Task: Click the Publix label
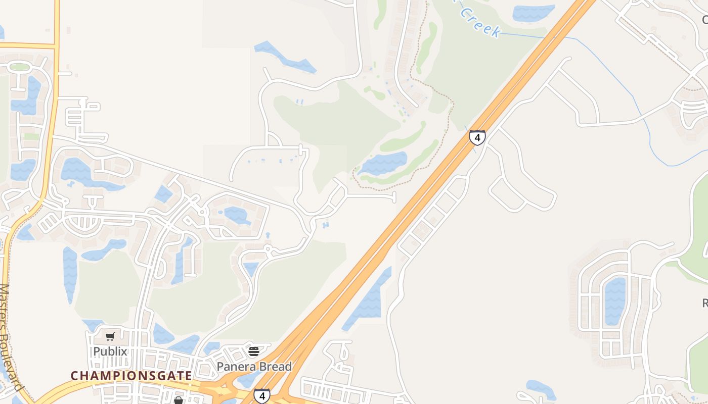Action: [110, 351]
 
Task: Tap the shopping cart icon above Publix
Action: [110, 336]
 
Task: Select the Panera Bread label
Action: [254, 367]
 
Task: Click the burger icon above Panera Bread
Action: [254, 351]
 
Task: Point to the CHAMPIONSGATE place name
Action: [131, 376]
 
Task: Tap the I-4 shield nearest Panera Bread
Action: [261, 396]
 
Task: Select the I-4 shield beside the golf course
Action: [477, 137]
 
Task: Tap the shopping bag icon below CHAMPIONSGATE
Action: [178, 400]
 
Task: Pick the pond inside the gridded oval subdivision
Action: [615, 300]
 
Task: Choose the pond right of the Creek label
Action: [533, 12]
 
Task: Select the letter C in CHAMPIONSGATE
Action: [74, 376]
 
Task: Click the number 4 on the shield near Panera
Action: [261, 396]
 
